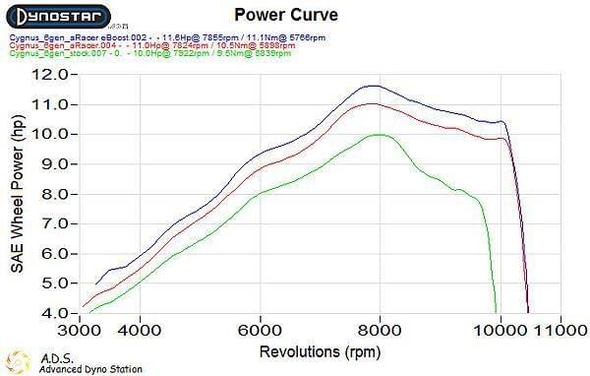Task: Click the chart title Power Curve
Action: point(270,15)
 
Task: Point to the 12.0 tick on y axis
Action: point(49,74)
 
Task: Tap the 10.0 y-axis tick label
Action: point(49,134)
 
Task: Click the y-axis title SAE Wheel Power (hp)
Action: point(17,193)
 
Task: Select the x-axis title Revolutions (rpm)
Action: point(320,351)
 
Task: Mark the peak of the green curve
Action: point(379,134)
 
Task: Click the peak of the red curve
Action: point(371,103)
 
